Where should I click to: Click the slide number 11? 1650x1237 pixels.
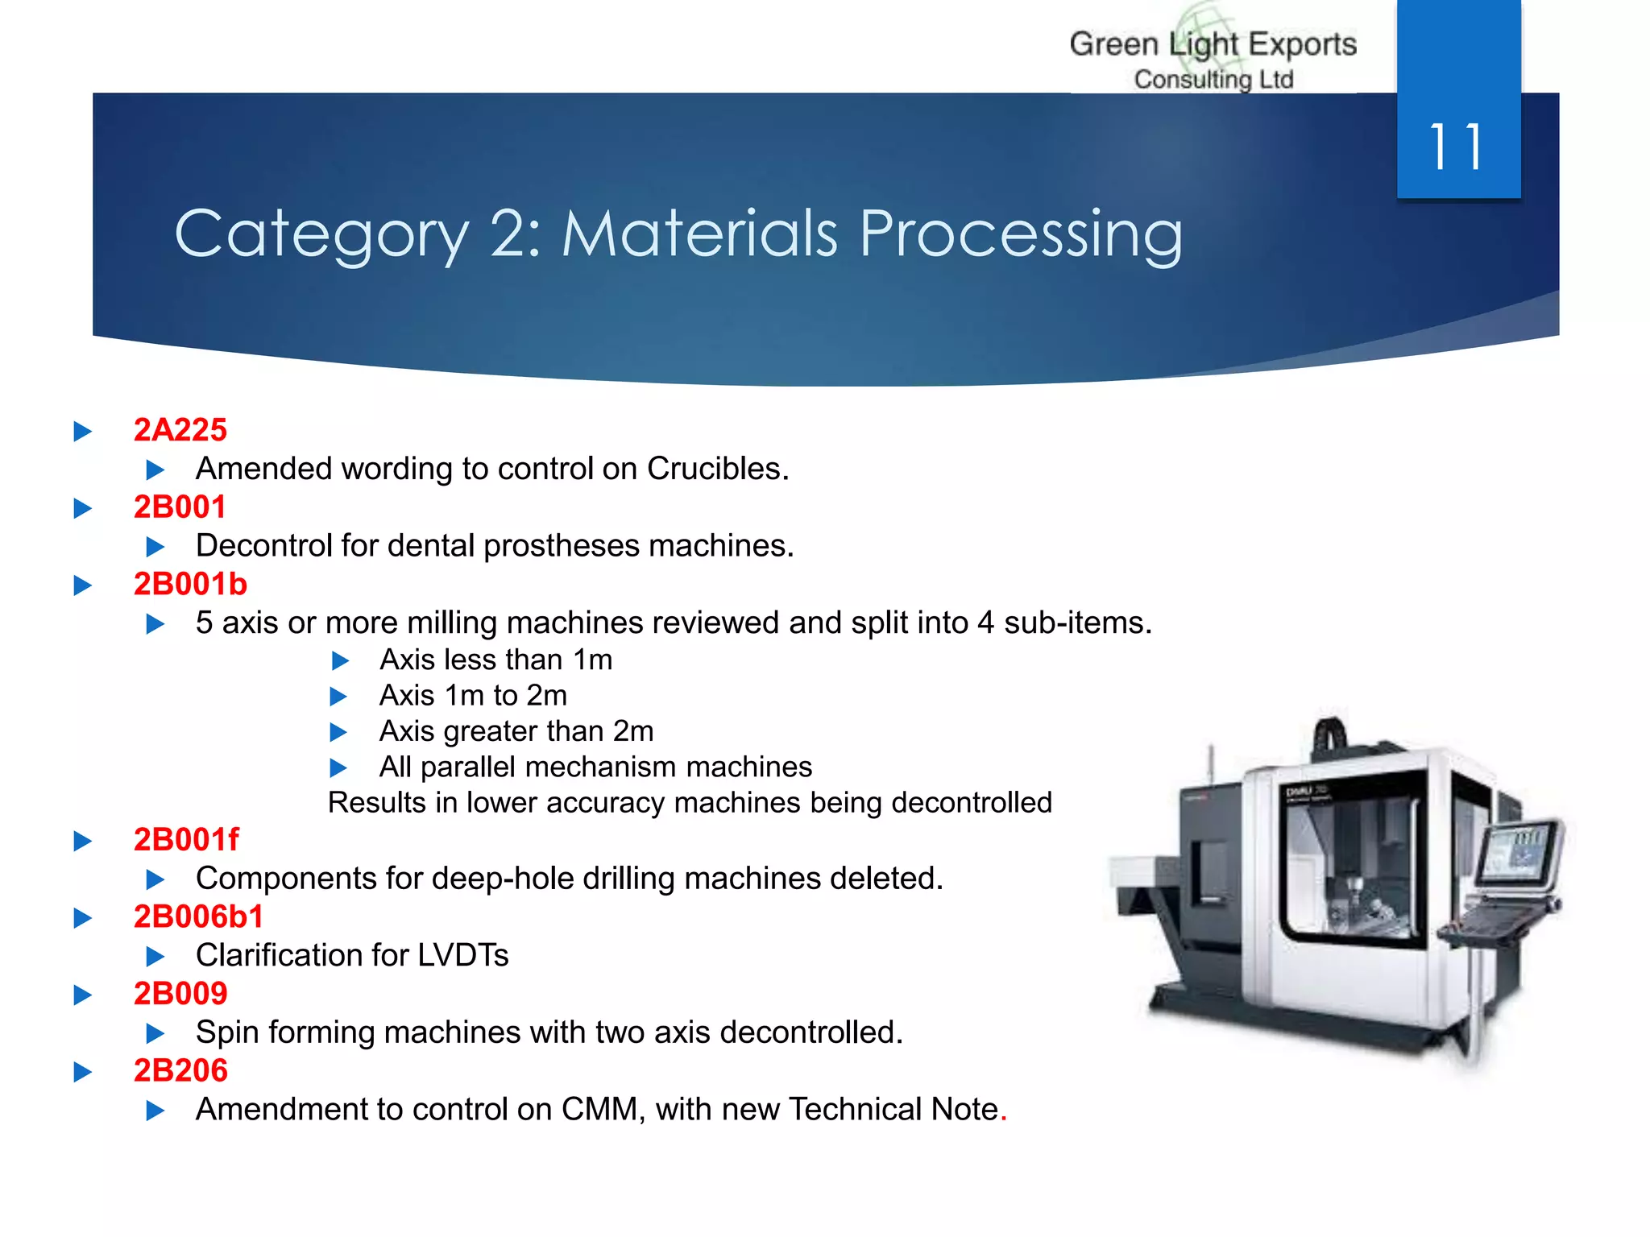point(1457,147)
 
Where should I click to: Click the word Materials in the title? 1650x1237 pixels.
point(699,234)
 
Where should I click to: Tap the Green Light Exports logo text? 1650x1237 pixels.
point(1213,45)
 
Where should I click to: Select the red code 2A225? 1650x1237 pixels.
point(180,430)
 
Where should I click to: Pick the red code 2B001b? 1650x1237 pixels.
point(190,584)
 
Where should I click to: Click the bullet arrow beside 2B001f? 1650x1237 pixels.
point(82,842)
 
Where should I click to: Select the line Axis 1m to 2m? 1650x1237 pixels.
point(473,695)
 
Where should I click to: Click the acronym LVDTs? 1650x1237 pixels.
point(462,955)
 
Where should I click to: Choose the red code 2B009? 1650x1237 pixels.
point(180,994)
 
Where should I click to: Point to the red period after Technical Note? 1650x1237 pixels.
point(1004,1111)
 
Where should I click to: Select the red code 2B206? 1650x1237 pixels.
point(180,1071)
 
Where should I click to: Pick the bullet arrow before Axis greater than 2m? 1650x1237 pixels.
point(339,732)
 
